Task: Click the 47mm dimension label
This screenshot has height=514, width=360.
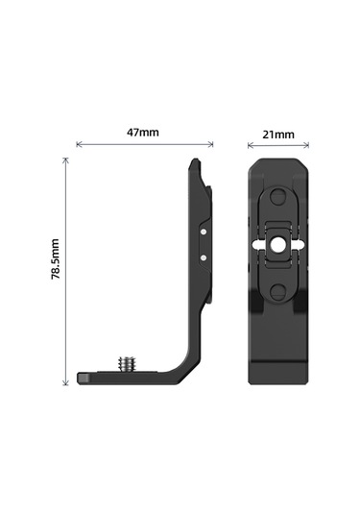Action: click(143, 132)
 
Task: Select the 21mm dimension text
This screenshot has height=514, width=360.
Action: click(277, 135)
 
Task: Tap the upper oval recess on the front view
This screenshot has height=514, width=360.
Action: click(278, 199)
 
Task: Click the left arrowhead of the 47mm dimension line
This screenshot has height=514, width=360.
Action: click(78, 145)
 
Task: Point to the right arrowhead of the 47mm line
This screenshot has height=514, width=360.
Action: click(211, 145)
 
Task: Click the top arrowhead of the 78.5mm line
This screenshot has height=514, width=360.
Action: click(66, 160)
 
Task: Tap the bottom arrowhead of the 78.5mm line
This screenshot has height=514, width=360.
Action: click(66, 383)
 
